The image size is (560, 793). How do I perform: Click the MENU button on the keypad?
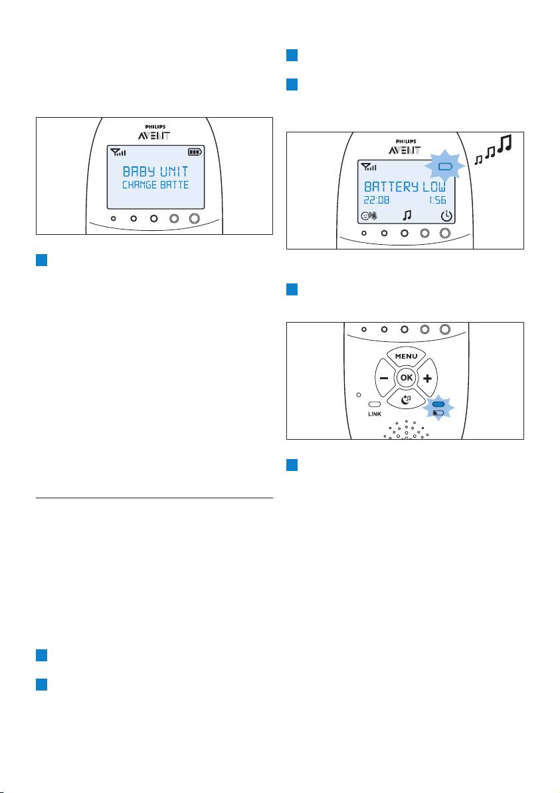406,356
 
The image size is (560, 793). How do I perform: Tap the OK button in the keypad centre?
406,377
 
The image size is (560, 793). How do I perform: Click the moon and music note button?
406,399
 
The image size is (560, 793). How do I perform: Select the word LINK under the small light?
374,414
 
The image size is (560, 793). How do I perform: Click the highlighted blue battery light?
438,404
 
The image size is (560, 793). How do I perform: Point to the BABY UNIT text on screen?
155,172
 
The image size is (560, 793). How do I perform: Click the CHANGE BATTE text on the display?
155,185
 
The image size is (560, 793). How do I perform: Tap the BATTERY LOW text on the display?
405,187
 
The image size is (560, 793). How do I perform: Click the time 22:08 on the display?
377,200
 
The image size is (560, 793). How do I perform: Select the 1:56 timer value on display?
437,200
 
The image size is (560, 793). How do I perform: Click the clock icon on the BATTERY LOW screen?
446,216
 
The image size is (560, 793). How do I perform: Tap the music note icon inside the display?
407,216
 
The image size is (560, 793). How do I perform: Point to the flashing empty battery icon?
445,166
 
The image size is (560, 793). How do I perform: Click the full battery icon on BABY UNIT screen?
195,152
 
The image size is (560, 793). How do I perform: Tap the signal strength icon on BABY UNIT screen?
118,152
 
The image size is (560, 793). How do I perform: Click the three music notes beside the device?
494,150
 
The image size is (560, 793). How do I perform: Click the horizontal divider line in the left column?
154,498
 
